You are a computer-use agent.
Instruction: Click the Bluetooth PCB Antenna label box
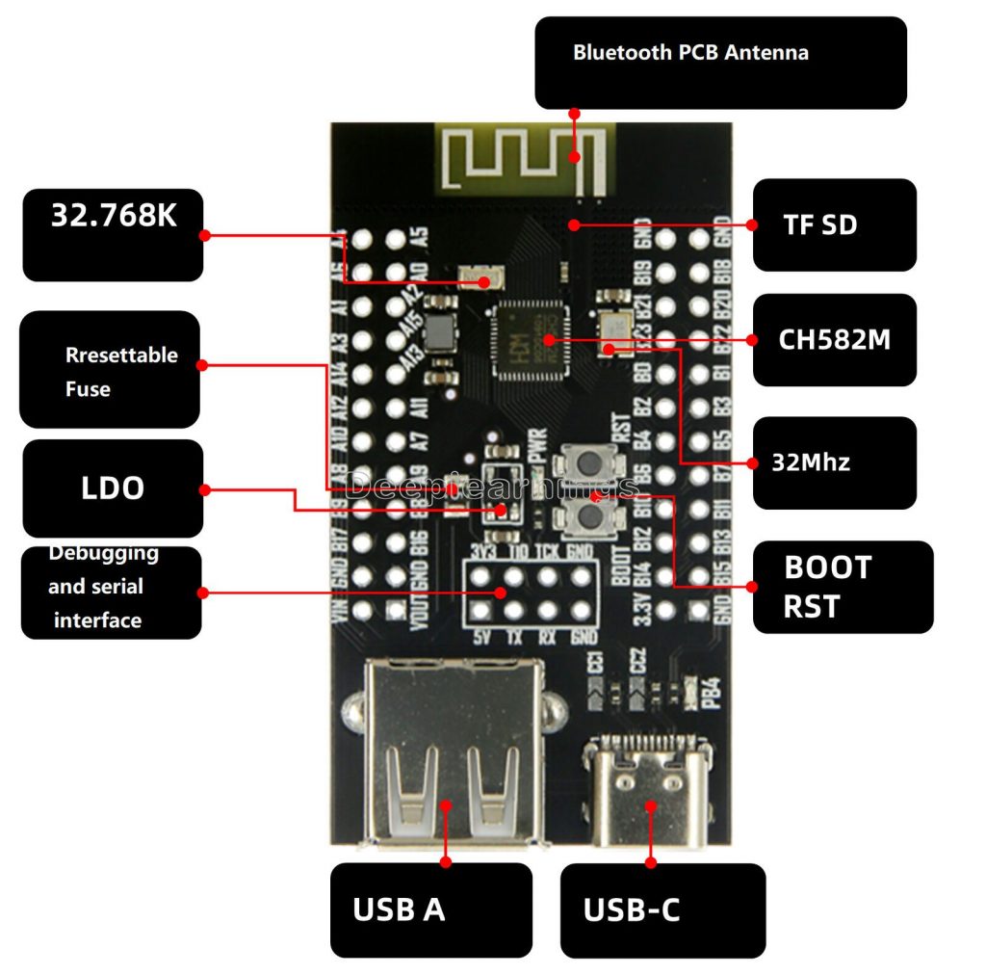coord(720,62)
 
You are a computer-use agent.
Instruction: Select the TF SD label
coord(834,224)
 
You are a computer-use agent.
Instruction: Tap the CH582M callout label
coord(834,339)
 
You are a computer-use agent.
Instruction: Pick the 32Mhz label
coord(834,462)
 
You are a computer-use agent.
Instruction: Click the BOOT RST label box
coord(842,587)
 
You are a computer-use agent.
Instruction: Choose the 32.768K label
coord(113,234)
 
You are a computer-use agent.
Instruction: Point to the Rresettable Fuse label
coord(110,370)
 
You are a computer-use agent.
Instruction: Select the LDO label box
coord(113,487)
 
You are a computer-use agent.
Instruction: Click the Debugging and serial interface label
coord(111,588)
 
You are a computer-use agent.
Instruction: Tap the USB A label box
coord(430,909)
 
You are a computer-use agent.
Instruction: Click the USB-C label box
coord(662,909)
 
